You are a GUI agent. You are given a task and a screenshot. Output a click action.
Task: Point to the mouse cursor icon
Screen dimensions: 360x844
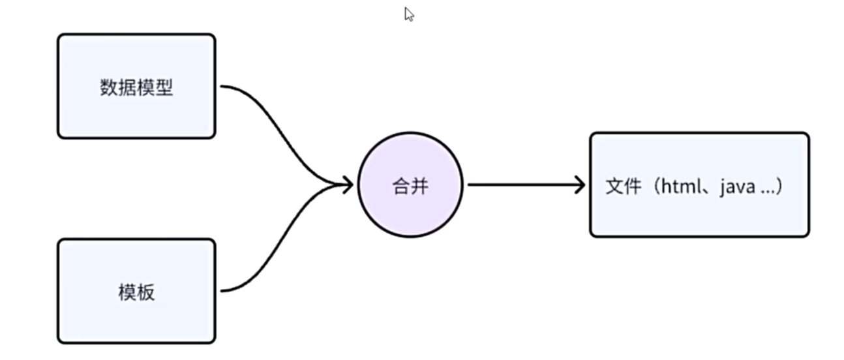(409, 14)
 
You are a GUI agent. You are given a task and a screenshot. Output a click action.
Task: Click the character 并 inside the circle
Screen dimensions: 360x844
(420, 187)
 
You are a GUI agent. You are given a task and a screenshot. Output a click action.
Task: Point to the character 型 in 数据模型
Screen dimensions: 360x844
(164, 87)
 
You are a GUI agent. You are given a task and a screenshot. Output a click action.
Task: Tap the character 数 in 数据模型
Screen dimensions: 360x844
(108, 87)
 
